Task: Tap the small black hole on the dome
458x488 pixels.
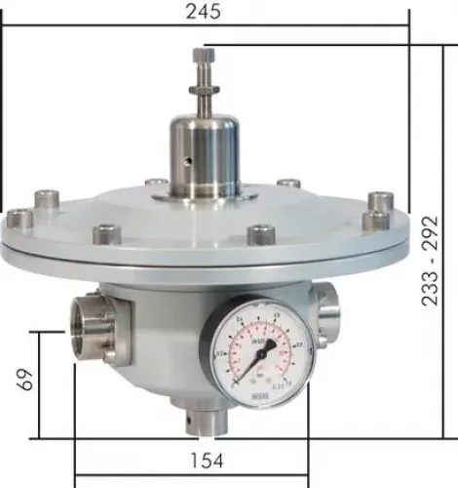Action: (182, 158)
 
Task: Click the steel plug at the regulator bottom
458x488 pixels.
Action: (203, 422)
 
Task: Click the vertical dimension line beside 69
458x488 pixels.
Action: (39, 385)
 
